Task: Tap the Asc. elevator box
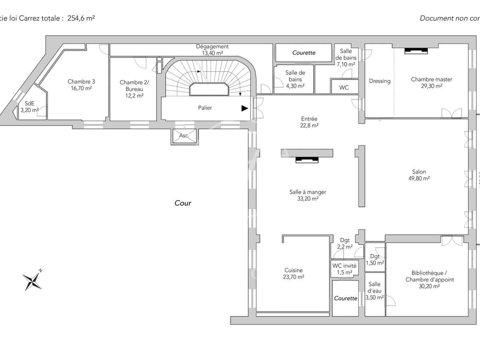184,136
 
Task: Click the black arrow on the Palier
244,108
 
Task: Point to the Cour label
183,203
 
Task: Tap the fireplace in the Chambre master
416,51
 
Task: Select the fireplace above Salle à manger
307,160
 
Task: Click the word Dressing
380,81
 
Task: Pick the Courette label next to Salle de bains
304,53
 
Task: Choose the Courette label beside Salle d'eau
346,298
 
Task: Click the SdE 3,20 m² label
30,107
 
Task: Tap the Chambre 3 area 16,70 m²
81,88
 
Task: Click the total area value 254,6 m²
82,18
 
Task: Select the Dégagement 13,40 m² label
212,50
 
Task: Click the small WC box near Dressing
344,87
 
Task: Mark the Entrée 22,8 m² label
310,122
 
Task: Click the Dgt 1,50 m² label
375,260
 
